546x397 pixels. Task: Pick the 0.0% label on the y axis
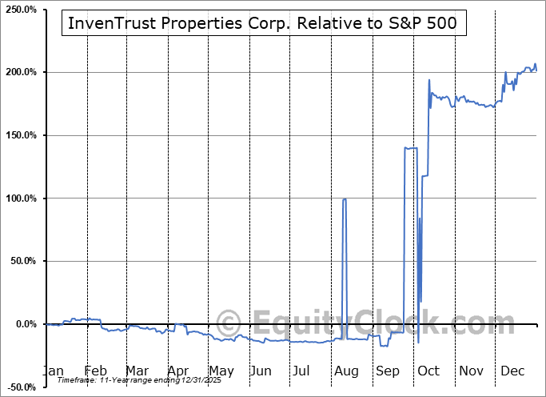(25, 324)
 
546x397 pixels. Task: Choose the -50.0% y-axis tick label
(21, 387)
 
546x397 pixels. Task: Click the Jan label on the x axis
(54, 371)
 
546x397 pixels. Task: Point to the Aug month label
(347, 371)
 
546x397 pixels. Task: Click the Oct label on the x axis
(429, 371)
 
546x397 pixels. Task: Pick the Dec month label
(512, 371)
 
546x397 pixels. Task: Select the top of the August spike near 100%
(345, 199)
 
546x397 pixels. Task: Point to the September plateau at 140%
(411, 148)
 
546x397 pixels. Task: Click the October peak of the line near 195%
(429, 80)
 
